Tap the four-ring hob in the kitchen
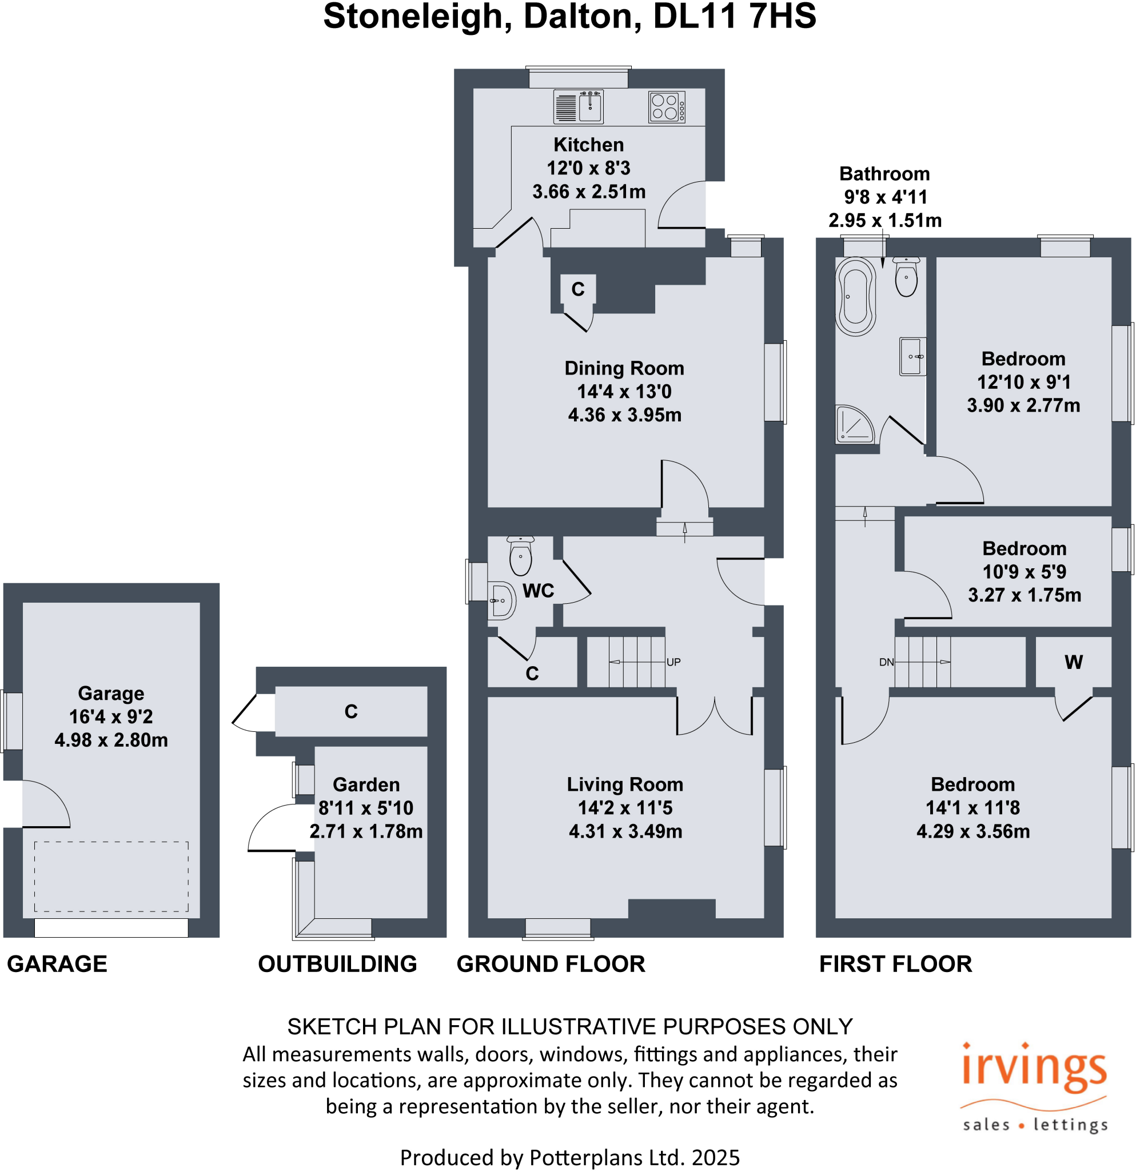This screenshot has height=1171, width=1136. (x=666, y=107)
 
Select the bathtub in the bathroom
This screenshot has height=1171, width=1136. (x=855, y=296)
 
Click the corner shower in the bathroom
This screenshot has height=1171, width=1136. (x=854, y=425)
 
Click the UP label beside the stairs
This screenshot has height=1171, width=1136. (x=673, y=662)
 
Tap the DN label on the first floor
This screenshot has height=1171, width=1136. (x=886, y=662)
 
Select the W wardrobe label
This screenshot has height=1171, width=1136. (x=1073, y=662)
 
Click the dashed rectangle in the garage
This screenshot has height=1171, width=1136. (x=111, y=877)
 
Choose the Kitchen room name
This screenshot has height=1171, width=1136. (x=588, y=145)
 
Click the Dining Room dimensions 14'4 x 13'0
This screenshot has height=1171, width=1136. (x=624, y=391)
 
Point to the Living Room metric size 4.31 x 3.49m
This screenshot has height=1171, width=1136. (x=625, y=831)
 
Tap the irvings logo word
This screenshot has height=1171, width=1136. (x=1034, y=1070)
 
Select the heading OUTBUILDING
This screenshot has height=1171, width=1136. (x=337, y=963)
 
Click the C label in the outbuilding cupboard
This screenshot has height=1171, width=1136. (x=350, y=711)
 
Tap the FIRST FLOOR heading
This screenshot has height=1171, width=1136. (x=895, y=963)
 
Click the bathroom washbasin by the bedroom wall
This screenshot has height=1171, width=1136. (x=912, y=357)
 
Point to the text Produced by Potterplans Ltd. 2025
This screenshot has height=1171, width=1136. (x=570, y=1157)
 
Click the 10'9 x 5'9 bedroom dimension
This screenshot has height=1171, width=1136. (x=1025, y=572)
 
